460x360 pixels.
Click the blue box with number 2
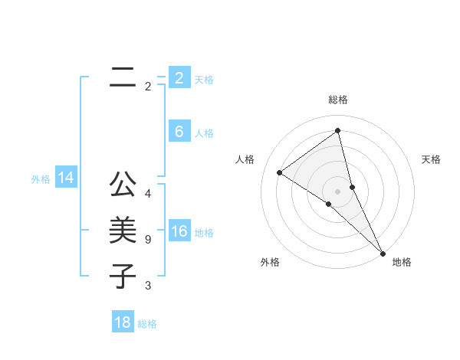point(179,78)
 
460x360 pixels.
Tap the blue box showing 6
point(179,132)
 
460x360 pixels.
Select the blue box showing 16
point(179,231)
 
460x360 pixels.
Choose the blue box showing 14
point(66,178)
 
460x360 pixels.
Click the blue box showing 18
point(123,322)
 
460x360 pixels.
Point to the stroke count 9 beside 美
point(148,240)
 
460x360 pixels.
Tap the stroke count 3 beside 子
point(148,286)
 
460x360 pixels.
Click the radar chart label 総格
point(338,100)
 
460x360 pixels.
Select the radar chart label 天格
point(431,159)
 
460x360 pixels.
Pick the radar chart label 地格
point(402,262)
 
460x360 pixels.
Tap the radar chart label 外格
point(270,262)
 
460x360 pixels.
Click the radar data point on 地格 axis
point(383,252)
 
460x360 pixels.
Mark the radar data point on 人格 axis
point(279,172)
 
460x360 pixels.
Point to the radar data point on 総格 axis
point(337,131)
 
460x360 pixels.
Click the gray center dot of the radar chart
point(337,191)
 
